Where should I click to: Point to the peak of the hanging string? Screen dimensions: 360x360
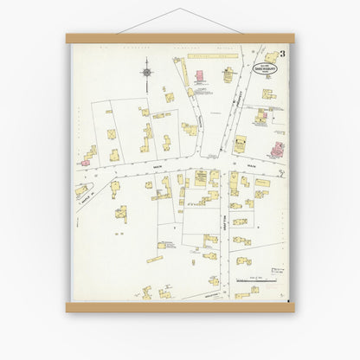pos(180,10)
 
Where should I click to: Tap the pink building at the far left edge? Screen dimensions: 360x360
pos(87,157)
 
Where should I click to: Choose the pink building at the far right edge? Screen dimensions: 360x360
pos(277,149)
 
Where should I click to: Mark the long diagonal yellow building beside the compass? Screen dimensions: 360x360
pos(184,73)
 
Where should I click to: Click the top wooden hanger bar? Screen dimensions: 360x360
pos(180,38)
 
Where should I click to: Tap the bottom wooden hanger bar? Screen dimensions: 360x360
pos(180,306)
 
